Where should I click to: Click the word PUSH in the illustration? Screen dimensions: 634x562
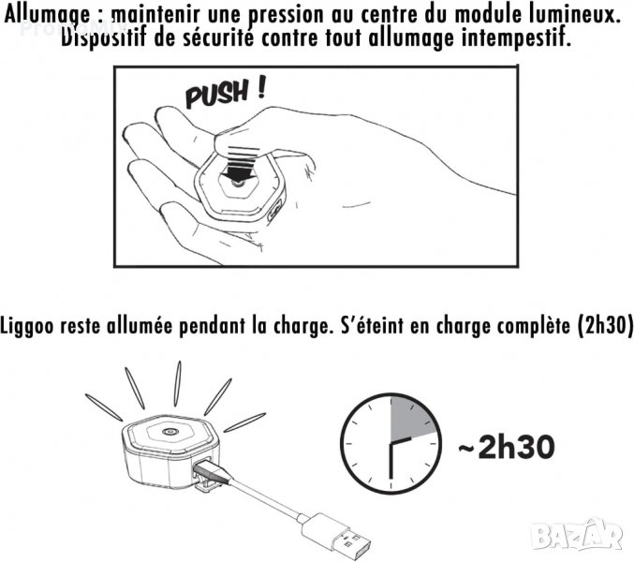(x=216, y=94)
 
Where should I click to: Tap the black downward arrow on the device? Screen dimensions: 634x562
(x=238, y=169)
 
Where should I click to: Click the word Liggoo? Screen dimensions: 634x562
(x=26, y=327)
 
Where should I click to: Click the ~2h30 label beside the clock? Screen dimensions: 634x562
(x=506, y=447)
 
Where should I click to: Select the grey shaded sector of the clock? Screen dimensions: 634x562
(x=409, y=420)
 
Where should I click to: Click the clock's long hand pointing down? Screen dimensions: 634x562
(x=391, y=461)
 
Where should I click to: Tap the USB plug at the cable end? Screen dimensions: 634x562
(x=335, y=534)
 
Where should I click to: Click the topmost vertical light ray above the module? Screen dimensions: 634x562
(x=177, y=383)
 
